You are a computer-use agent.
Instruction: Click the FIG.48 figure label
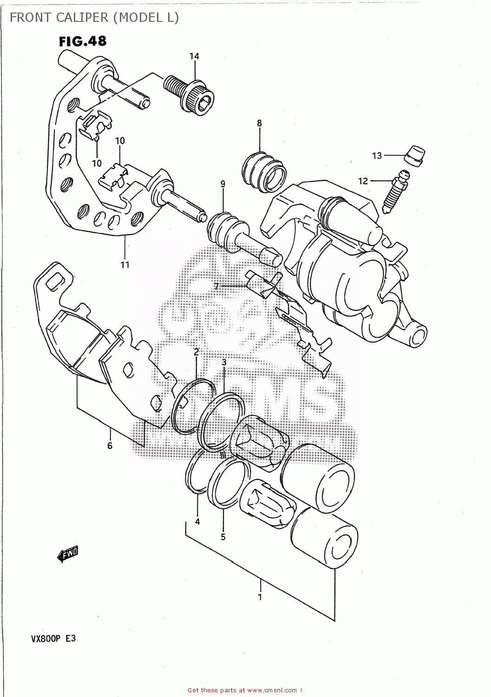82,41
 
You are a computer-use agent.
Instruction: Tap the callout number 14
194,56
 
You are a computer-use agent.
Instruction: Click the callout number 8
259,123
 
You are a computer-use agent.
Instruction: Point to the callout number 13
376,156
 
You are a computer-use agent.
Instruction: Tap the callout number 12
363,181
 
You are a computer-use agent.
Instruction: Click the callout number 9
223,184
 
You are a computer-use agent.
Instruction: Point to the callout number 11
124,265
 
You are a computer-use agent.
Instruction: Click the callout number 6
110,446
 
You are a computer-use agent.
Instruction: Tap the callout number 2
196,352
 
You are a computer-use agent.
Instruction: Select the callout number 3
224,362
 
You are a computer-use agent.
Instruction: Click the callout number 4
197,522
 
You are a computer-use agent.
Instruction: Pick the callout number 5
223,537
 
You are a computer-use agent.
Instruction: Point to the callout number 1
260,596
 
